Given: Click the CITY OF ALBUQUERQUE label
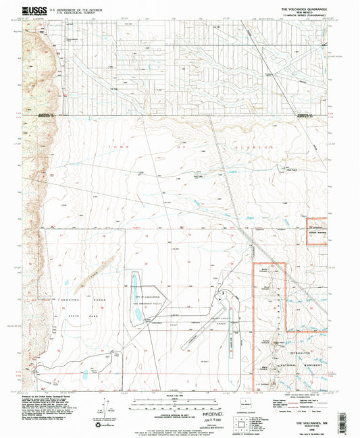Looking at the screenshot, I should click(149, 298).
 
